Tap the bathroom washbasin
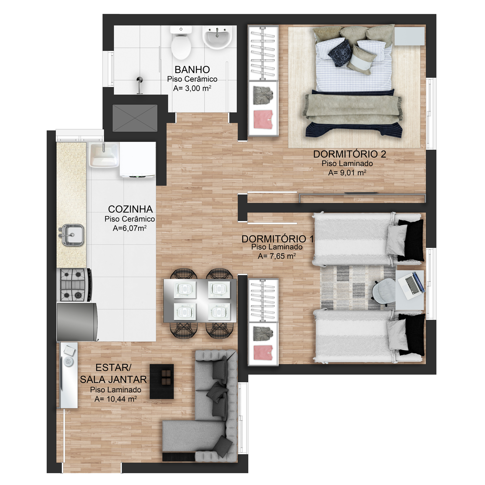click(x=217, y=38)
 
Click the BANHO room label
click(x=192, y=69)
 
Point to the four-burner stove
click(x=75, y=285)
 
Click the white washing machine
click(x=138, y=160)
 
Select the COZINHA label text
click(x=131, y=209)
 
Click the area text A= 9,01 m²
click(x=347, y=173)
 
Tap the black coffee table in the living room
click(x=162, y=381)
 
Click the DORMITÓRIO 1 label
click(x=278, y=239)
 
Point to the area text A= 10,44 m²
click(x=116, y=399)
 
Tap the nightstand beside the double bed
click(x=409, y=36)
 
